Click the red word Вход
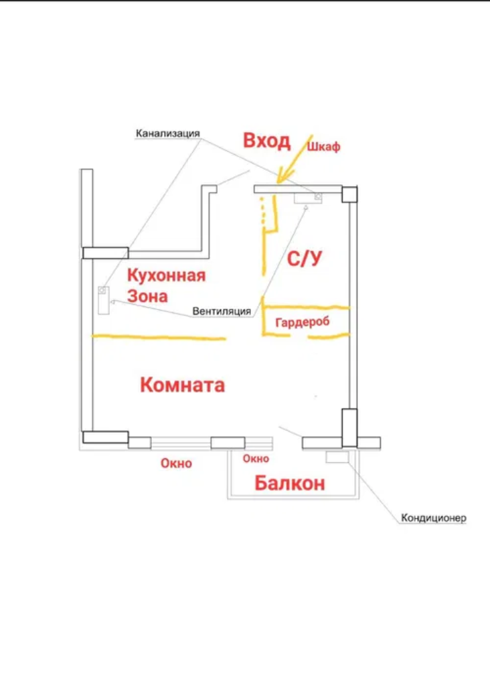coord(266,141)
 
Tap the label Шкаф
coord(323,147)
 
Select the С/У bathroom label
coord(304,259)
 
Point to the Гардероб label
coord(303,322)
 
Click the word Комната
coord(182,385)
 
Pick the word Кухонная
coord(167,276)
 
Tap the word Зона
coord(148,296)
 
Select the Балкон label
coord(290,484)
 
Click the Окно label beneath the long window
coord(176,464)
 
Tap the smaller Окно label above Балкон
coord(256,458)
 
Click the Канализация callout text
coord(168,133)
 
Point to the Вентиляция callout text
coord(222,312)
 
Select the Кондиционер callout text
coord(434,518)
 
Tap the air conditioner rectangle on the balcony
coord(337,458)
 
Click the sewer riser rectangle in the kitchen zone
coord(103,300)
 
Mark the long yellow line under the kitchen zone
coord(158,338)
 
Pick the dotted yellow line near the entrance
coord(262,212)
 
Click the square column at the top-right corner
coord(349,194)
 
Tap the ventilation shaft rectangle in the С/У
coord(308,198)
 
